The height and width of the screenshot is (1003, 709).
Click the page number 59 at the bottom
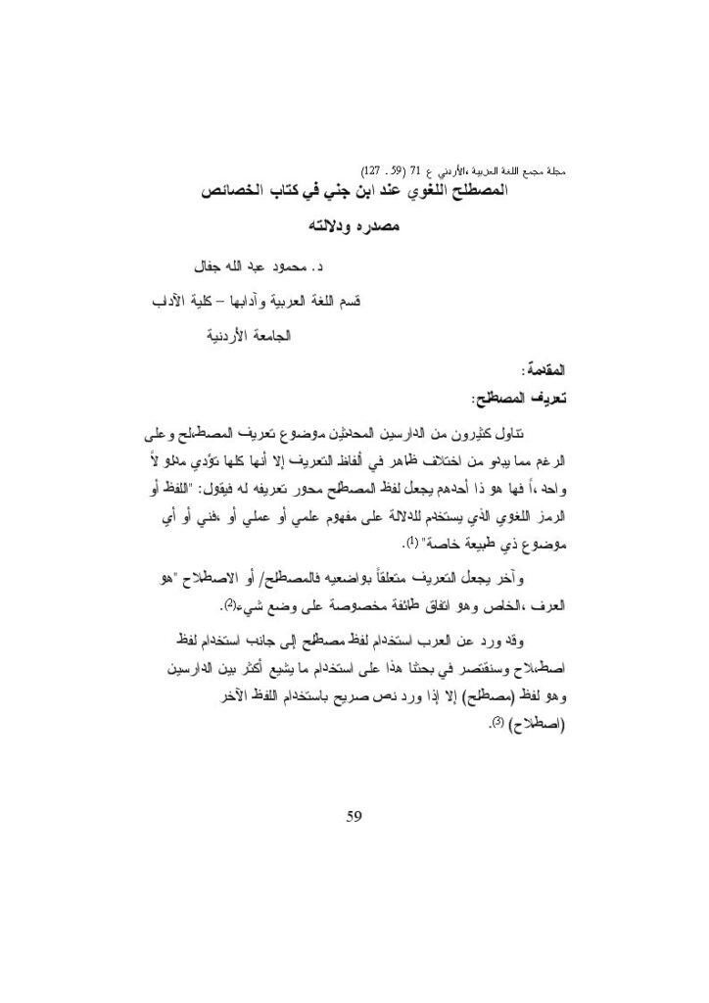(x=354, y=815)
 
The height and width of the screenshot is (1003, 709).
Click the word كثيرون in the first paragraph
(x=474, y=434)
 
